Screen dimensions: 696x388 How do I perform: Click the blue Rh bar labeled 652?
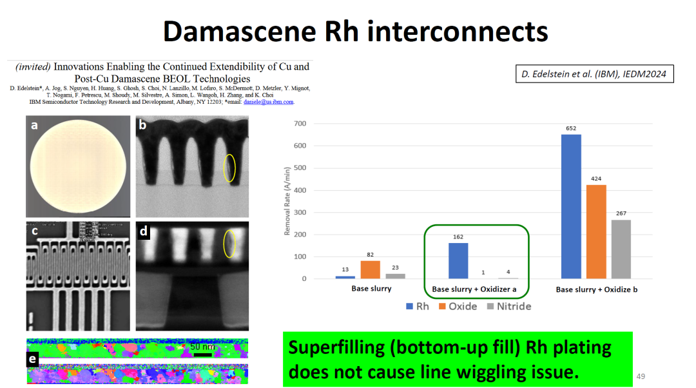570,206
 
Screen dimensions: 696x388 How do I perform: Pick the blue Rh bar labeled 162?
458,260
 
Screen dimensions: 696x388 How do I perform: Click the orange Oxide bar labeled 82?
370,269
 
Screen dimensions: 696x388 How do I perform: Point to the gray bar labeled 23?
395,276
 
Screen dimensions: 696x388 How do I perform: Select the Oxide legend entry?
458,306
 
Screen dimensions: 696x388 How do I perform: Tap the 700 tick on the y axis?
300,124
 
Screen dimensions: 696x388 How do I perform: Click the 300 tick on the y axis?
300,213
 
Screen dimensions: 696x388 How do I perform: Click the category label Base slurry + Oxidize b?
597,290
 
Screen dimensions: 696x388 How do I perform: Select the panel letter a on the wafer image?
34,126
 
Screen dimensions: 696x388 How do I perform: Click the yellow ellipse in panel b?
229,168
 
